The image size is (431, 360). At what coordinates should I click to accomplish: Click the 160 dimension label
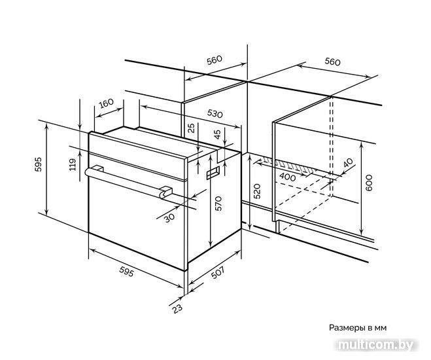point(106,103)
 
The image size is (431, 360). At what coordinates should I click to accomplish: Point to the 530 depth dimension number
point(215,113)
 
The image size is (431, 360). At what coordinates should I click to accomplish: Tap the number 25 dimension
point(191,128)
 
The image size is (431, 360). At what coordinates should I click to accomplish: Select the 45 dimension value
point(217,134)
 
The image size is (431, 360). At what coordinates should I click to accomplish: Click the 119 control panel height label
point(73,164)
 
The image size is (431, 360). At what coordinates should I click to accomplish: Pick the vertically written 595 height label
point(38,164)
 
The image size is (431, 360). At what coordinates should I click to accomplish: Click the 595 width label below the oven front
point(127,272)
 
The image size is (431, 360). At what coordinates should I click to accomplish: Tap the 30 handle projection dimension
point(169,218)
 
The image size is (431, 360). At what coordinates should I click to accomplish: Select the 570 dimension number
point(218,204)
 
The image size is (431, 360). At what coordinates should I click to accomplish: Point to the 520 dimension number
point(257,191)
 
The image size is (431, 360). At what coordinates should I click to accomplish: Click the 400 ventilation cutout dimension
point(288,177)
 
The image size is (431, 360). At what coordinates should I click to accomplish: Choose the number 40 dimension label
point(348,163)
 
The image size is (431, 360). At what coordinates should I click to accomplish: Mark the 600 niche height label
point(369,183)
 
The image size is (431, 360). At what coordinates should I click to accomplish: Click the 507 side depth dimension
point(218,272)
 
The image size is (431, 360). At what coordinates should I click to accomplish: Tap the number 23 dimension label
point(177,308)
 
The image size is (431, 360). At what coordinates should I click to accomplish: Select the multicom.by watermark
point(376,344)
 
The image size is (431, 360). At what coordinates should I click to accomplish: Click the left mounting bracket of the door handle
point(98,168)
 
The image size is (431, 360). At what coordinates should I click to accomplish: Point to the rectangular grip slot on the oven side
point(213,173)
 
